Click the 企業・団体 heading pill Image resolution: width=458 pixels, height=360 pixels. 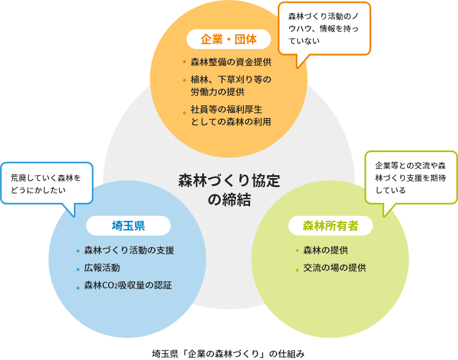click(x=229, y=39)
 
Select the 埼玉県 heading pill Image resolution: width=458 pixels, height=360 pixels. click(x=128, y=226)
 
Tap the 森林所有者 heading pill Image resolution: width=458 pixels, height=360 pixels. click(x=330, y=226)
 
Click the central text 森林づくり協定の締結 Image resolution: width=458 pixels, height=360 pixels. click(x=229, y=190)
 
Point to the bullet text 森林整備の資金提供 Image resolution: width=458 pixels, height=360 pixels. click(x=231, y=62)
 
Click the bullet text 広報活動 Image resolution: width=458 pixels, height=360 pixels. click(x=102, y=268)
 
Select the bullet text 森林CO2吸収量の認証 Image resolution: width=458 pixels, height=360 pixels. click(x=128, y=286)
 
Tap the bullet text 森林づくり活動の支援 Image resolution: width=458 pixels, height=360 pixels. click(x=129, y=251)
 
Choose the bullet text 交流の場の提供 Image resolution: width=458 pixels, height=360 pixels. click(x=335, y=268)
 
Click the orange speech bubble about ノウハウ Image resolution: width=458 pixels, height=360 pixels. click(x=324, y=28)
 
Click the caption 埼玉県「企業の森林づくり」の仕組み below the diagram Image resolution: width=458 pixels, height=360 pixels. click(x=228, y=354)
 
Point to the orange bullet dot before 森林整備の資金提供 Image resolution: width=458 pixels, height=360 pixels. click(x=184, y=63)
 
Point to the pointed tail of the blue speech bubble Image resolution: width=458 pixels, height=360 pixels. click(x=73, y=214)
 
